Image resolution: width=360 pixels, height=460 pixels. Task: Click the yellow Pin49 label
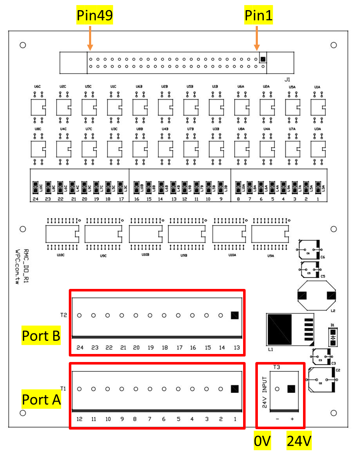(95, 16)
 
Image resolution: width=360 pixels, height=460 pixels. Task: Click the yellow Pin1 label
(259, 16)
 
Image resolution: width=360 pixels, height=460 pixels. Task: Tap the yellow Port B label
(41, 336)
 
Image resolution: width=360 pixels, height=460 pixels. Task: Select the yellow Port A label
(41, 399)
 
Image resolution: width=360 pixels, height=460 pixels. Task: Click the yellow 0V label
(262, 442)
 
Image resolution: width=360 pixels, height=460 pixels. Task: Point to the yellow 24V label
(299, 442)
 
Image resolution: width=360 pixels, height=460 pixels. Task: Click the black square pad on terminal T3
(291, 389)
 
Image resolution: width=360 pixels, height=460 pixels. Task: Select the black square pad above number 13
(235, 315)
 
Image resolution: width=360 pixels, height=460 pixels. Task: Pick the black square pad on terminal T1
(235, 389)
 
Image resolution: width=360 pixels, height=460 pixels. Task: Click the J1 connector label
(287, 79)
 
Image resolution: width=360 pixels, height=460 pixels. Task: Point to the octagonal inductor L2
(317, 296)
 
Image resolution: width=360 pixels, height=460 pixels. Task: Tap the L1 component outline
(290, 329)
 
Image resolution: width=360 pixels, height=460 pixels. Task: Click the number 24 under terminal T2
(80, 348)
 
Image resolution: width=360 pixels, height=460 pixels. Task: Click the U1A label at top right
(317, 87)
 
